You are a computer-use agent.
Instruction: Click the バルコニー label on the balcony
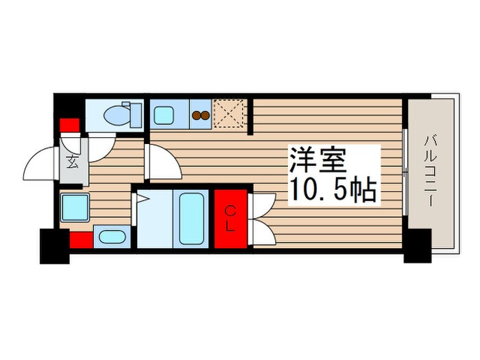[430, 167]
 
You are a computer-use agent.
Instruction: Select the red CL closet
[230, 219]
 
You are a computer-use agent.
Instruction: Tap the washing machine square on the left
[73, 206]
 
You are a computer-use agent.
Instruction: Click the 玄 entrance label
[72, 163]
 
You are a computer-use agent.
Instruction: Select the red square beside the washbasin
[80, 240]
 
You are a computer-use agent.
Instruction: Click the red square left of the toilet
[69, 126]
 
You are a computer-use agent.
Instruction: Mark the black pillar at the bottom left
[54, 247]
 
